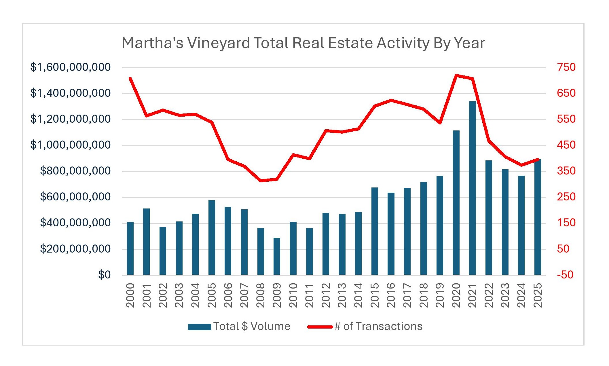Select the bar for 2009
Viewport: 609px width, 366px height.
click(277, 256)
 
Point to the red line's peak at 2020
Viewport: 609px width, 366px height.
click(456, 75)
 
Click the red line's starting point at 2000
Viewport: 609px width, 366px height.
click(130, 78)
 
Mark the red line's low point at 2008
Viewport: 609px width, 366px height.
click(261, 181)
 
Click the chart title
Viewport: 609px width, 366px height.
click(303, 43)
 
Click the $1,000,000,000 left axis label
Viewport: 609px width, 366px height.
click(70, 145)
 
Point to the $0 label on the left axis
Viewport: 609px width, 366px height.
click(104, 275)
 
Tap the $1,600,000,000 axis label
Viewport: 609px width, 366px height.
click(70, 67)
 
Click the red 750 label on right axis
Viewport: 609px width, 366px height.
click(566, 67)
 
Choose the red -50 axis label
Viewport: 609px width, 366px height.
click(565, 275)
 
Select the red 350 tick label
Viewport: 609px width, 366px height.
click(566, 171)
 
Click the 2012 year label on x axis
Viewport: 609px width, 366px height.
click(326, 295)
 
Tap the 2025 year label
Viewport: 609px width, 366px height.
click(538, 295)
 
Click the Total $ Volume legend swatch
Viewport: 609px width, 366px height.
click(199, 327)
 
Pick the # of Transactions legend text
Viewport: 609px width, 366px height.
click(378, 326)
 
